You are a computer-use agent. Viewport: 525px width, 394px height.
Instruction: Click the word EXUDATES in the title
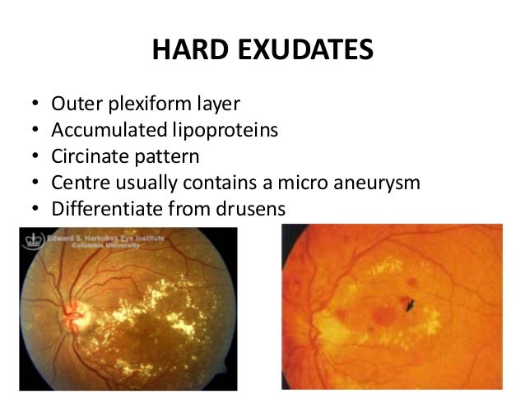tap(307, 51)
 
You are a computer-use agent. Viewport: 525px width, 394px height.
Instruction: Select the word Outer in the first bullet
tap(73, 104)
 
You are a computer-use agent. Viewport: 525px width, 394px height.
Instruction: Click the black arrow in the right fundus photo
tap(410, 305)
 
